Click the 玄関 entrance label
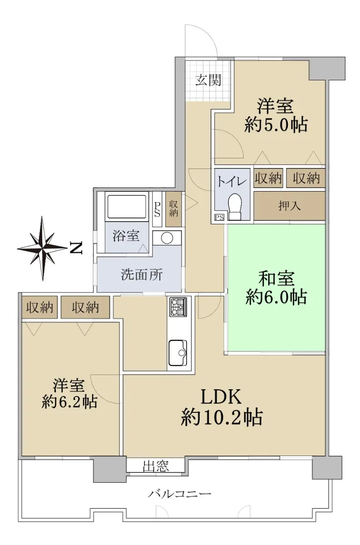click(x=208, y=80)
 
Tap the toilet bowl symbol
click(x=235, y=207)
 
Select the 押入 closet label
click(x=290, y=206)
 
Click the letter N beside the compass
click(x=76, y=248)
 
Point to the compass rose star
click(x=43, y=248)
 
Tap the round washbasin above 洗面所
click(x=167, y=238)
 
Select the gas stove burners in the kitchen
click(x=178, y=307)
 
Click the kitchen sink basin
click(x=178, y=352)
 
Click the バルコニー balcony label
click(x=180, y=493)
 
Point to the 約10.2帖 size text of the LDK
click(x=222, y=417)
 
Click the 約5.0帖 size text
click(x=276, y=125)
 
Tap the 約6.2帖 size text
click(x=69, y=401)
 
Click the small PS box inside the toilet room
click(x=219, y=217)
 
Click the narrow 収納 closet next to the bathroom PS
click(x=173, y=209)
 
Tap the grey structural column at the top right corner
click(x=327, y=68)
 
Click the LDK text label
click(x=221, y=397)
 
